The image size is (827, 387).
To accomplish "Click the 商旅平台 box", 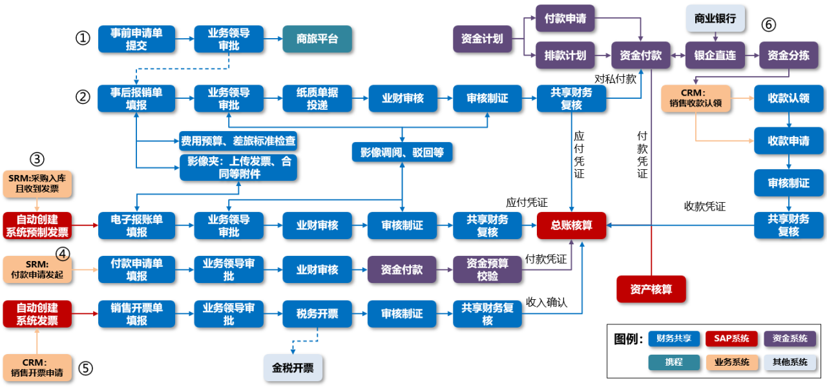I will point(317,39).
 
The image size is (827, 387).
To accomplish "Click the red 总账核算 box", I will point(572,225).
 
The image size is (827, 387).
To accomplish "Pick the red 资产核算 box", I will point(651,289).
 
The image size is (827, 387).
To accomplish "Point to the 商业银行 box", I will point(715,19).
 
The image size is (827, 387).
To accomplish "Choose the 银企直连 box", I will point(715,56).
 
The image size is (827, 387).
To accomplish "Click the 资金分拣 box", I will point(788,56).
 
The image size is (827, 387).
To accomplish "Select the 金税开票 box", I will point(293,368).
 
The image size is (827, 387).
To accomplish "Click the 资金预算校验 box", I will point(487,269).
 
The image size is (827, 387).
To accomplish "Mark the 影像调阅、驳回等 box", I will point(402,152).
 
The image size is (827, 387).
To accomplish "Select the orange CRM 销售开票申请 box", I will point(37,368).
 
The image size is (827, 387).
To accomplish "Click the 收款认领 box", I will point(788,98).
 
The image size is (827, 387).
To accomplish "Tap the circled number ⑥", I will point(768,25).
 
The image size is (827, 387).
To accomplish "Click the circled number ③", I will point(37,158).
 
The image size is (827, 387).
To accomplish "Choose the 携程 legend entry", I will point(674,362).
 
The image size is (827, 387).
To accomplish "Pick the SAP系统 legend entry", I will point(731,338).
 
